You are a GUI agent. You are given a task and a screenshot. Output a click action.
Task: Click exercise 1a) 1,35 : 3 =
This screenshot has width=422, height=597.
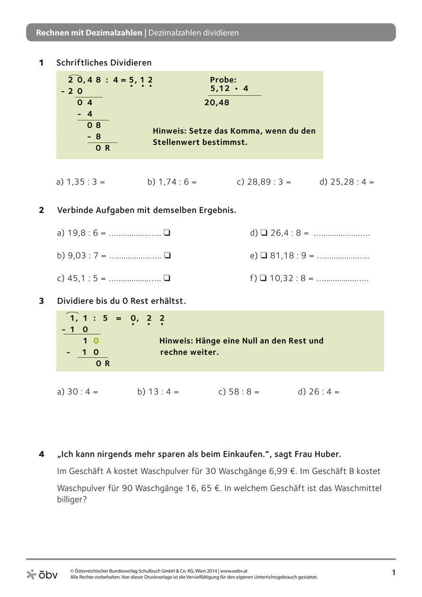pyautogui.click(x=81, y=182)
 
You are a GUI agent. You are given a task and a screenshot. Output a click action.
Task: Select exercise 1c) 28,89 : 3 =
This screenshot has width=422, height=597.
pyautogui.click(x=264, y=182)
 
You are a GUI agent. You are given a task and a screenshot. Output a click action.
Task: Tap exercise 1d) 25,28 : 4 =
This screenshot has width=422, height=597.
pyautogui.click(x=347, y=182)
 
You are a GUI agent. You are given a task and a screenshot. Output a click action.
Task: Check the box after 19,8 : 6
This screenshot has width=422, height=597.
pyautogui.click(x=167, y=233)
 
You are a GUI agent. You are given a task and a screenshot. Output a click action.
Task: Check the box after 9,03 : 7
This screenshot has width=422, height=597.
pyautogui.click(x=167, y=256)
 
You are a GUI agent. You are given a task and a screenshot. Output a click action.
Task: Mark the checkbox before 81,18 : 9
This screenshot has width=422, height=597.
pyautogui.click(x=264, y=256)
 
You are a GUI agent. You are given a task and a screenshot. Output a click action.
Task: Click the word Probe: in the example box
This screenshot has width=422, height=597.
pyautogui.click(x=223, y=80)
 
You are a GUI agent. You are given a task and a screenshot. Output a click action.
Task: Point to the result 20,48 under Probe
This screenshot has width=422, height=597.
pyautogui.click(x=217, y=102)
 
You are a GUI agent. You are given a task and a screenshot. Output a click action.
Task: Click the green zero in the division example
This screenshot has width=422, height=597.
pyautogui.click(x=96, y=340)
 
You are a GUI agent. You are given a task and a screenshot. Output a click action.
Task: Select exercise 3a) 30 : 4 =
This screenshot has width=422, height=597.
pyautogui.click(x=77, y=392)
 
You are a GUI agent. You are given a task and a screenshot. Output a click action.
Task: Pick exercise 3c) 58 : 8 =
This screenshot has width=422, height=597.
pyautogui.click(x=239, y=392)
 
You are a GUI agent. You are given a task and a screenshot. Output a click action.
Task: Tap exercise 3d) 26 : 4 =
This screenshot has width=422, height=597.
pyautogui.click(x=319, y=392)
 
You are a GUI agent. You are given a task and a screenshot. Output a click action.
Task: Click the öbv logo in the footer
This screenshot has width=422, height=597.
pyautogui.click(x=42, y=575)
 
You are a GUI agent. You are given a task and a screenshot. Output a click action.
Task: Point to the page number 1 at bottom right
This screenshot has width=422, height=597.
pyautogui.click(x=393, y=573)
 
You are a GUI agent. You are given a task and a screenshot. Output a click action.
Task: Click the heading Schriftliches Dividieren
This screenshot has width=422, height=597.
pyautogui.click(x=104, y=63)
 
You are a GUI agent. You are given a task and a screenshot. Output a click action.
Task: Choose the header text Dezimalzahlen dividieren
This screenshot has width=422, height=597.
pyautogui.click(x=193, y=33)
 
